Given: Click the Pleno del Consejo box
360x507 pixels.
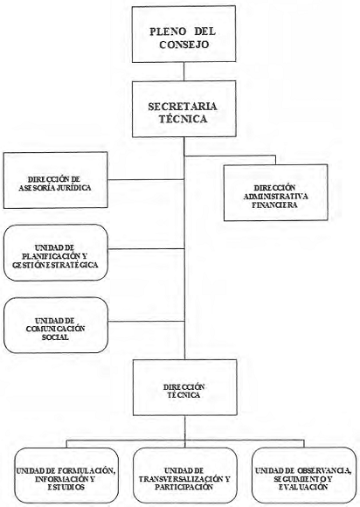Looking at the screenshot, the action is pos(183,34).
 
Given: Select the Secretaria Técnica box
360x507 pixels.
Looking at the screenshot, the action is pos(183,109).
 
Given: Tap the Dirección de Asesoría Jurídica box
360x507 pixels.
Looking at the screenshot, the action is pos(55,180).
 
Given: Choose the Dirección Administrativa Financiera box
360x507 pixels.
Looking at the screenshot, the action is pos(275,192).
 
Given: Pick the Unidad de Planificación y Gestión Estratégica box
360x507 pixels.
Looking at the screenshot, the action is pos(56,253).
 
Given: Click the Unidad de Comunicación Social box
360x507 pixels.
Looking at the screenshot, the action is pos(56,325).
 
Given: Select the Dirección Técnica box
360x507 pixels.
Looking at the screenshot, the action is pos(185,387).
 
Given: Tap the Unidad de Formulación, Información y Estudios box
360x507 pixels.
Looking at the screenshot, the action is pos(66,475).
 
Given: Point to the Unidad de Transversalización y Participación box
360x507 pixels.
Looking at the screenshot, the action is pos(184,475).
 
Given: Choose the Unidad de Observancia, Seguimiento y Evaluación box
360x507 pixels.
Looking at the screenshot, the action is pos(304,475).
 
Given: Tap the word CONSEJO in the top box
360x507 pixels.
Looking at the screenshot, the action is pos(183,45).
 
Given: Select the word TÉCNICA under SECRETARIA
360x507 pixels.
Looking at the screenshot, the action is pos(183,119).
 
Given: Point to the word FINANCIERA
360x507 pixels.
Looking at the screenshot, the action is pos(274,205).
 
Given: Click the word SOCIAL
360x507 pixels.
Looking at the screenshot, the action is pos(55,337).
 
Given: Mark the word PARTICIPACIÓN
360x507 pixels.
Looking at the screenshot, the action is pos(183,487).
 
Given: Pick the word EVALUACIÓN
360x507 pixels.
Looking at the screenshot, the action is pos(303,487).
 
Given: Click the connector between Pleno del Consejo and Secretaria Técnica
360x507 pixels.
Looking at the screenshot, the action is pos(183,71).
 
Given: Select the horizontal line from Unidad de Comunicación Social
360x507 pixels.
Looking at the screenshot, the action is pos(146,322).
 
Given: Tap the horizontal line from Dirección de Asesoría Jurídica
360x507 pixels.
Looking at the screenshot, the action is pos(146,179).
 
